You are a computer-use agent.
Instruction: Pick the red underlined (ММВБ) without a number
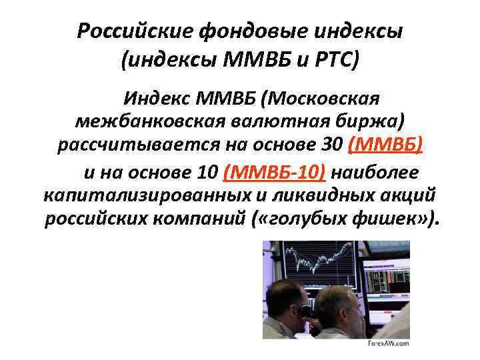pyautogui.click(x=389, y=145)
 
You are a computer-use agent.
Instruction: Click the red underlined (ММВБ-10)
pyautogui.click(x=275, y=173)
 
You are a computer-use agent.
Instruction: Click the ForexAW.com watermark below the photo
pyautogui.click(x=388, y=343)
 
